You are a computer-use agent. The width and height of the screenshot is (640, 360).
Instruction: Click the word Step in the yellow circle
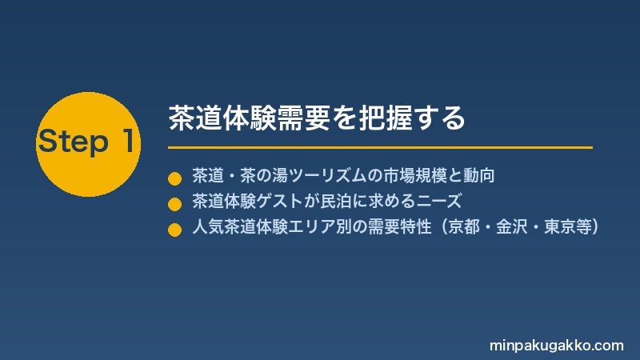[74, 142]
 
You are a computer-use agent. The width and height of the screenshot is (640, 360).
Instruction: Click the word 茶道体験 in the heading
[222, 118]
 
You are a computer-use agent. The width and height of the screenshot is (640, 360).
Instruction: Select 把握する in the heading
[412, 118]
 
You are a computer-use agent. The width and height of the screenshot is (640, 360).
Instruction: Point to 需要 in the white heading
[303, 118]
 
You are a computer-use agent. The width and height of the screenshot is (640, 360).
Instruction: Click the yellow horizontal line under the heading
[381, 147]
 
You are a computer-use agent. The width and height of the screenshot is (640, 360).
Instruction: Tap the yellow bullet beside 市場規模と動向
[174, 178]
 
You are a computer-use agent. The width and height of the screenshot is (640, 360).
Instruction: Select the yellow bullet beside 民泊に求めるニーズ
[174, 204]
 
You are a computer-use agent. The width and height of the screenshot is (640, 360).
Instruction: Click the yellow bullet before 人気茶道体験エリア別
[174, 230]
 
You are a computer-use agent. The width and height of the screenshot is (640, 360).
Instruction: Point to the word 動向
[478, 175]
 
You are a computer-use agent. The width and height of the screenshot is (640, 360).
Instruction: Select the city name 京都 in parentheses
[464, 227]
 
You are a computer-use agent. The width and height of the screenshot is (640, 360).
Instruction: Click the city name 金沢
[512, 227]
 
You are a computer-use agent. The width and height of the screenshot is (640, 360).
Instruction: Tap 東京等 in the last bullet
[568, 227]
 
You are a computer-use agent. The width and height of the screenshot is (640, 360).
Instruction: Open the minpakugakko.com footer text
[556, 346]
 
